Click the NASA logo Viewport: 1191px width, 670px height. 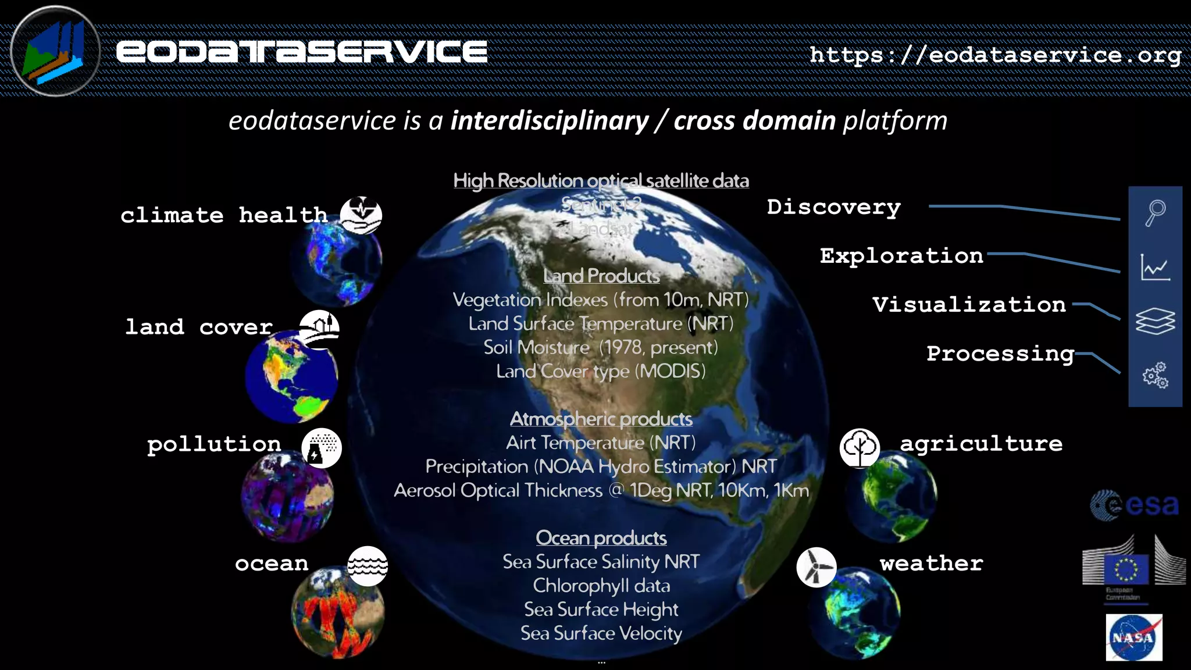[x=1133, y=637]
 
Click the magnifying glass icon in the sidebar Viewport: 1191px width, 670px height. [x=1155, y=213]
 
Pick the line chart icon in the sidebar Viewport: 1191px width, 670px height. [x=1155, y=268]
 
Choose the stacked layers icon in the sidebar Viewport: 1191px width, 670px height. [x=1155, y=321]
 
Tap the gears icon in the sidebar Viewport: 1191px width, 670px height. [x=1155, y=375]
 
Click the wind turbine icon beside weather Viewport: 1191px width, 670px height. [x=816, y=567]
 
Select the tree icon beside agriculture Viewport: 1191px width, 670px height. [x=860, y=448]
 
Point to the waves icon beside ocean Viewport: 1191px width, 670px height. [x=368, y=566]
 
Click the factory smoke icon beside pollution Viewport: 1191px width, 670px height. [x=322, y=448]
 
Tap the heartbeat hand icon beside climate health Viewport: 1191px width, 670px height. [x=361, y=215]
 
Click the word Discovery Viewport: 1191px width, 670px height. [x=833, y=207]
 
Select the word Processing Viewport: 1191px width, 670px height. [x=1000, y=354]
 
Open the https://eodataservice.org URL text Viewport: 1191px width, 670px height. [x=996, y=55]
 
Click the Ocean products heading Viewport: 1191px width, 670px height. [x=601, y=538]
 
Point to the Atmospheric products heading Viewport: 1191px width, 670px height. [x=601, y=419]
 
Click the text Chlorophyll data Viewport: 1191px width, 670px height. [x=601, y=586]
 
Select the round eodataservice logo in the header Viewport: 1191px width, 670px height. [x=55, y=51]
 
